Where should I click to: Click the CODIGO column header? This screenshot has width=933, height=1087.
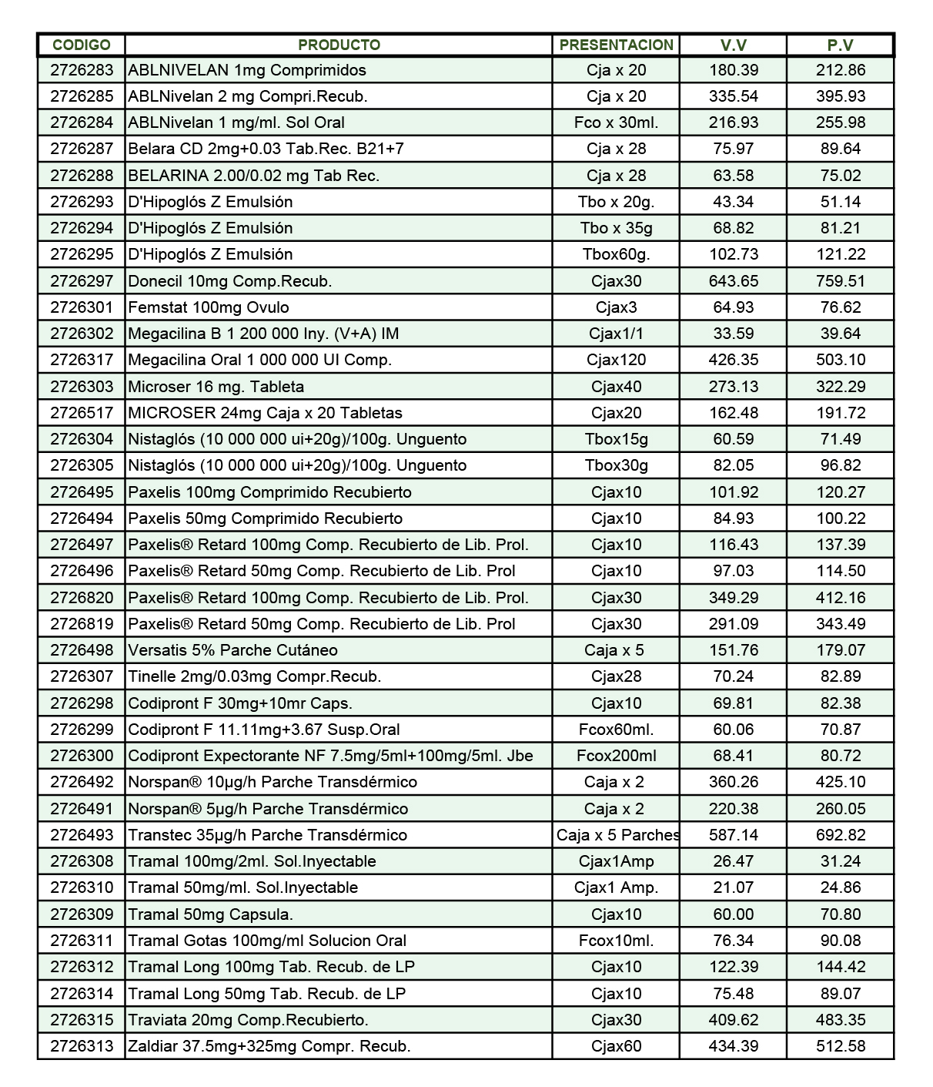(82, 45)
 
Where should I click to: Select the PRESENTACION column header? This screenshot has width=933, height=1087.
(616, 45)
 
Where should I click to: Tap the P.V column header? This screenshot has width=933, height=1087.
(840, 45)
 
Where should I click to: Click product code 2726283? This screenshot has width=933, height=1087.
(82, 70)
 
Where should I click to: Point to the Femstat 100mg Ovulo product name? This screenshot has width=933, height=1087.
(209, 307)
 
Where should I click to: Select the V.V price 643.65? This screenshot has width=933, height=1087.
(733, 281)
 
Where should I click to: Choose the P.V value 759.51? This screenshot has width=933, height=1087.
(840, 281)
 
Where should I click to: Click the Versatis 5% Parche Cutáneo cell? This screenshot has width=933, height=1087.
(232, 650)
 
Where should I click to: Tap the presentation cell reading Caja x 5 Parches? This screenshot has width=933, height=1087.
(617, 835)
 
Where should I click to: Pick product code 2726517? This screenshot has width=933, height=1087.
(82, 413)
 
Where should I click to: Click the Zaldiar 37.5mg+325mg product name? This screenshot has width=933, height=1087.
(269, 1046)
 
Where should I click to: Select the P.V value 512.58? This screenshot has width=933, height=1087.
(840, 1046)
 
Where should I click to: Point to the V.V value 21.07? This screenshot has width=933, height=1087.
(733, 887)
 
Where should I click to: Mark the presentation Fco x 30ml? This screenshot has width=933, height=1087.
(616, 122)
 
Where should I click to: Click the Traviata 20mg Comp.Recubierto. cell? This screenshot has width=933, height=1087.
(248, 1020)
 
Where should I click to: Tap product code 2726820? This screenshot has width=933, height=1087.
(82, 598)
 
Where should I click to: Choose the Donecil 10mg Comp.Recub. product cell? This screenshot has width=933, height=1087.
(230, 281)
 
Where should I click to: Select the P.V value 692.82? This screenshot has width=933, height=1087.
(840, 835)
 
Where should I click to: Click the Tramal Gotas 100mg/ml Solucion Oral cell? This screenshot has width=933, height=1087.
(267, 941)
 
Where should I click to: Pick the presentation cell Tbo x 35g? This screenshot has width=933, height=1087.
(616, 228)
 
